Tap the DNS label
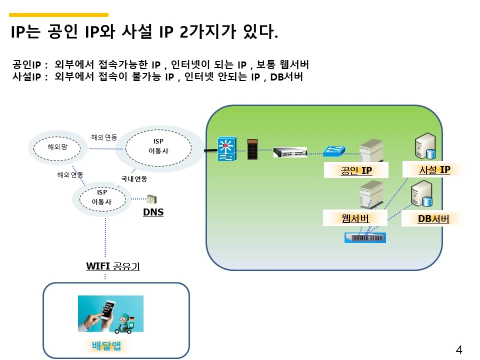153,212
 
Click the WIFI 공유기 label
112,266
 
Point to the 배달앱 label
106,346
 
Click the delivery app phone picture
110,313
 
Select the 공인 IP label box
355,170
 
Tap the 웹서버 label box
355,218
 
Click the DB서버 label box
433,219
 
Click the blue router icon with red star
226,149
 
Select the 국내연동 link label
134,178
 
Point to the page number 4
459,350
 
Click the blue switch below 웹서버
365,237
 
